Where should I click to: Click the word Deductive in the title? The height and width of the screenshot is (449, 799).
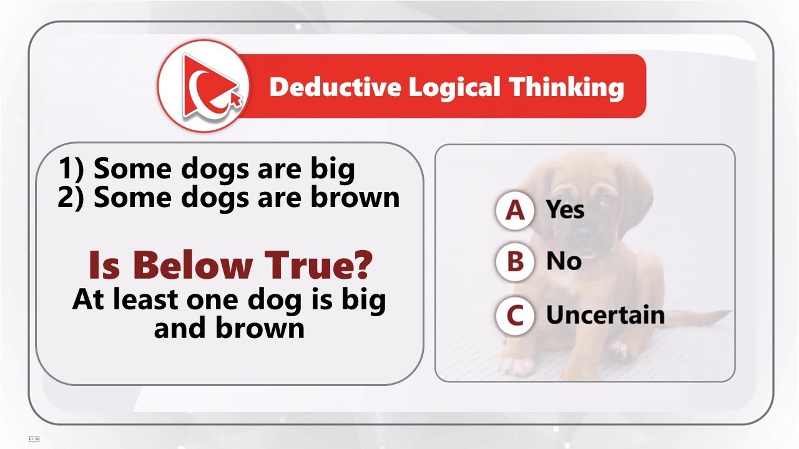[335, 87]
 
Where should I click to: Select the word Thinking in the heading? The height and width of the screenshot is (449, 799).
[566, 87]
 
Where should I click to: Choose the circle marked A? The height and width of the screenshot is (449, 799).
[515, 211]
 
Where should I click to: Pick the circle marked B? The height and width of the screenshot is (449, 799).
[515, 262]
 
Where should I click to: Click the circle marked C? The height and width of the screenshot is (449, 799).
[515, 316]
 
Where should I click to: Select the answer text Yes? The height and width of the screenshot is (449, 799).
[565, 210]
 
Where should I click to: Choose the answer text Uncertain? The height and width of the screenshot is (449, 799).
[605, 315]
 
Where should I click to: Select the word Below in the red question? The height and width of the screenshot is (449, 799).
[190, 265]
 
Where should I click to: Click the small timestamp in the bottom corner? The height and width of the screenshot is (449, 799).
[34, 439]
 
